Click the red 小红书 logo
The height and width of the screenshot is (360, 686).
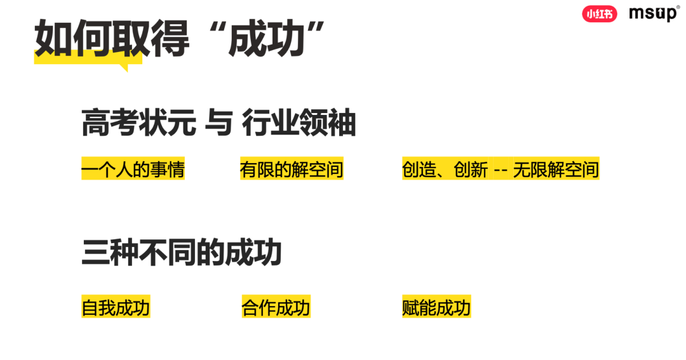(x=599, y=13)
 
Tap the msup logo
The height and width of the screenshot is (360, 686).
(x=654, y=14)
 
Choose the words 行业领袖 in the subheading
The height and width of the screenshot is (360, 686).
(x=299, y=123)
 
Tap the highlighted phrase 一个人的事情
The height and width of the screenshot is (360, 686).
(x=133, y=170)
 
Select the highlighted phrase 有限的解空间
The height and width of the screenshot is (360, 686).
(x=292, y=170)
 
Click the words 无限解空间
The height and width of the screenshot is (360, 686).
(x=556, y=170)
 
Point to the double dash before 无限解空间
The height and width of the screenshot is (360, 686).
(x=500, y=170)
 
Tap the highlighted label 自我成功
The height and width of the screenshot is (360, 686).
(x=116, y=307)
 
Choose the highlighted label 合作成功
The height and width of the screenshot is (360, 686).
(x=276, y=307)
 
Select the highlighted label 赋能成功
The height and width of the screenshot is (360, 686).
(x=436, y=307)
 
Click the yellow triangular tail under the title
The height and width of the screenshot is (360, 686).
(x=123, y=65)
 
